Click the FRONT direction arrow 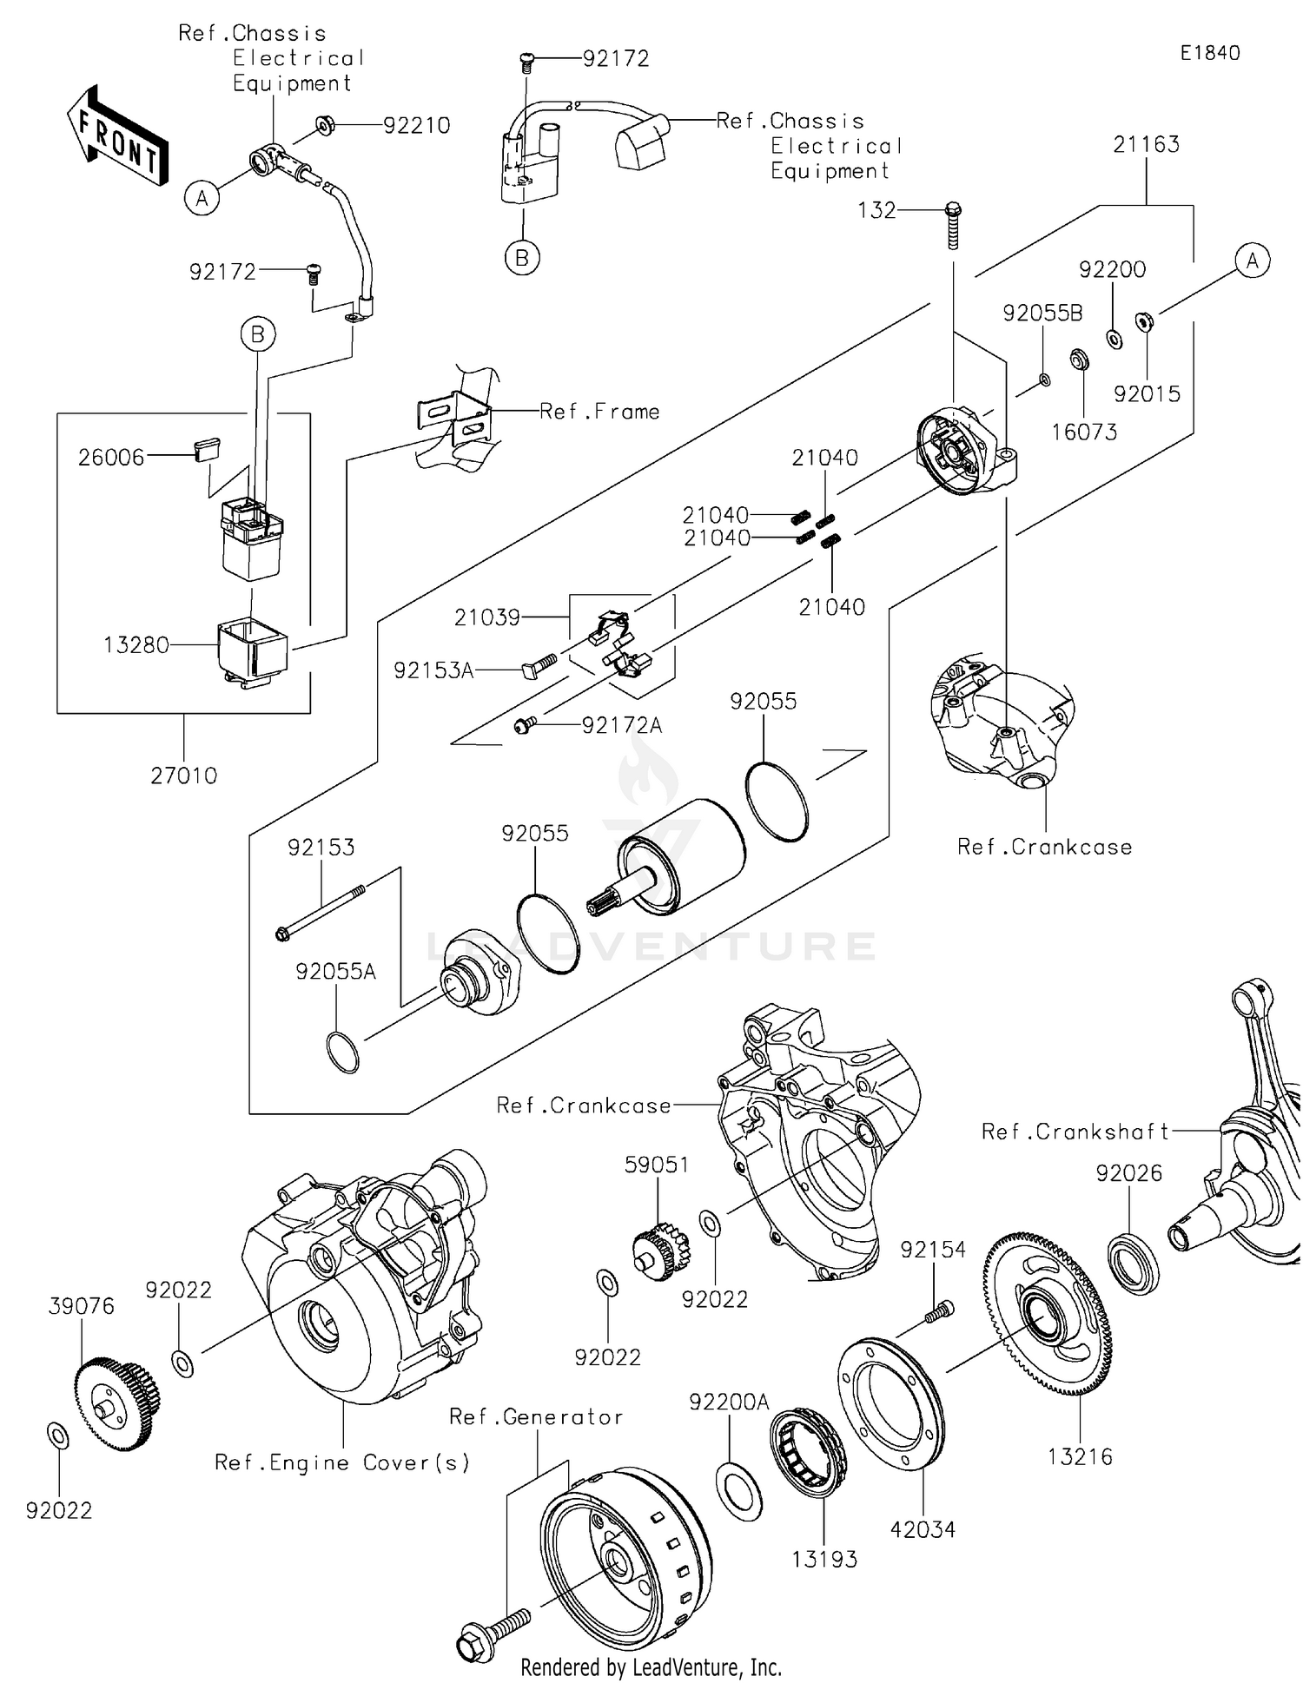point(118,136)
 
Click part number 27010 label point(184,775)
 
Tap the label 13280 point(136,645)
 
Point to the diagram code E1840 point(1209,53)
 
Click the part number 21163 point(1146,144)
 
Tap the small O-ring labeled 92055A point(342,1052)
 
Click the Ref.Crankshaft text point(1075,1132)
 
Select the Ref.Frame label point(599,412)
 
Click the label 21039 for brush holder point(486,617)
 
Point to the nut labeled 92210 point(325,126)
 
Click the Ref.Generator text point(536,1417)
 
